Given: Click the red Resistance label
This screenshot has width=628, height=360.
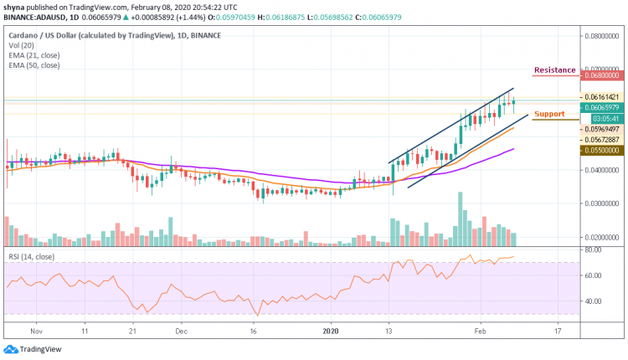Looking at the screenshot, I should pyautogui.click(x=555, y=70).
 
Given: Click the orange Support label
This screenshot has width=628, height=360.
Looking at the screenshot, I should pyautogui.click(x=549, y=113).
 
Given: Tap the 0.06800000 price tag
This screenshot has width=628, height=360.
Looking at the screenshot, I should pyautogui.click(x=600, y=74).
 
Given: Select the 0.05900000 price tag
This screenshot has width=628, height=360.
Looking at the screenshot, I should pyautogui.click(x=600, y=150).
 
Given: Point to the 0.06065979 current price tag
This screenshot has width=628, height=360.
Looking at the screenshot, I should pyautogui.click(x=600, y=107).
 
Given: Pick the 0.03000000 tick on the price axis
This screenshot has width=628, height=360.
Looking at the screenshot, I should pyautogui.click(x=600, y=203).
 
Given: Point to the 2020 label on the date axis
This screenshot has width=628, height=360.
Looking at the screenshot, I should pyautogui.click(x=332, y=332).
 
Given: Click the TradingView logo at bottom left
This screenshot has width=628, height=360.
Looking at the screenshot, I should pyautogui.click(x=33, y=348).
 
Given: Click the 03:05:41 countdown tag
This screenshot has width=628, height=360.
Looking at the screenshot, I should pyautogui.click(x=600, y=118).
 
